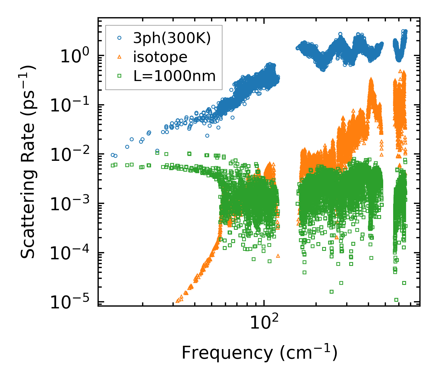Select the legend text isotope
click(x=160, y=57)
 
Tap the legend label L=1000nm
click(x=175, y=76)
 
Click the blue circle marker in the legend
click(x=120, y=38)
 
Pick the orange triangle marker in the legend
click(x=120, y=57)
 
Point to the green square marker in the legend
click(x=120, y=76)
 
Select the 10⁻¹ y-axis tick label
click(x=71, y=105)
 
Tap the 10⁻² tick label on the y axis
click(x=71, y=155)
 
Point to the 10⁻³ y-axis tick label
click(x=71, y=204)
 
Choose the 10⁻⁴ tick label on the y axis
click(x=71, y=253)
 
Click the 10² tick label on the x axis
click(x=264, y=324)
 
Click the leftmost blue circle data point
click(x=113, y=155)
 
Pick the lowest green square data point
click(x=396, y=300)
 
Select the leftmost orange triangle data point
click(x=178, y=301)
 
